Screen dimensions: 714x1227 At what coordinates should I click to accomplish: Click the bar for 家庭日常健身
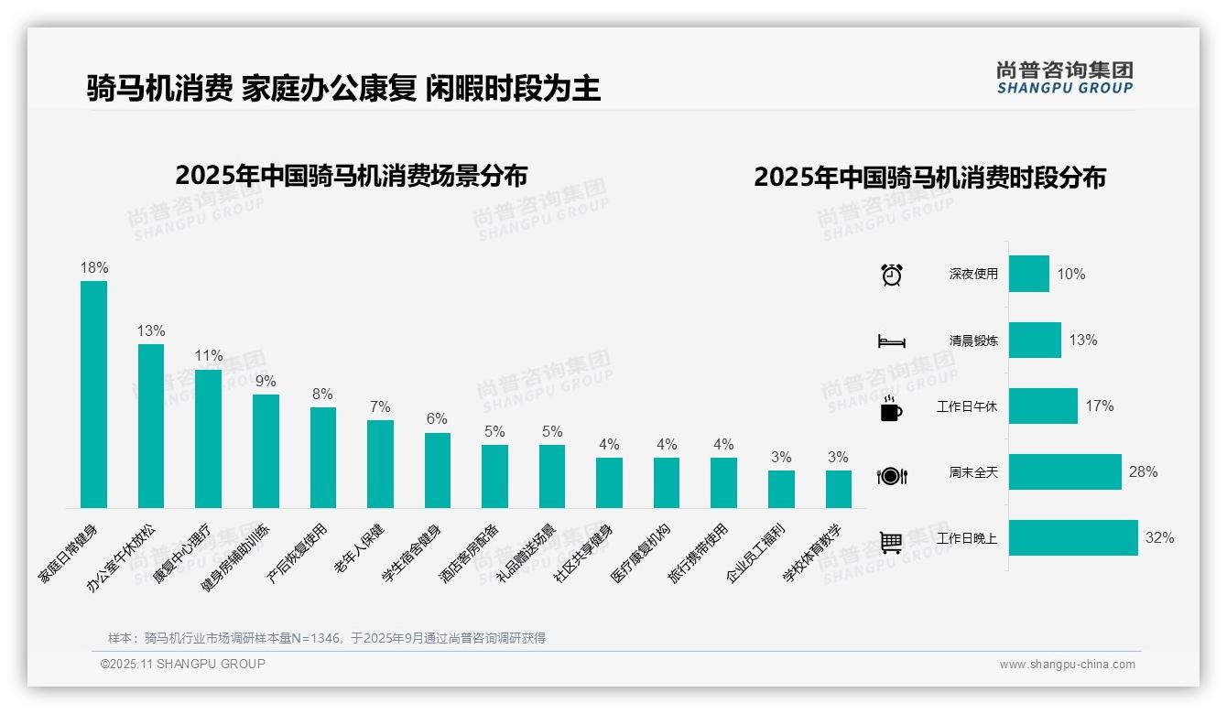[93, 395]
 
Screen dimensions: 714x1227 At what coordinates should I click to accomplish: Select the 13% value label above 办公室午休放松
[151, 331]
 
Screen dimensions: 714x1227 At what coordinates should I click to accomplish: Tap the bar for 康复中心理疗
[208, 438]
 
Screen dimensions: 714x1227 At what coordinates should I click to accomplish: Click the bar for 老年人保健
[380, 464]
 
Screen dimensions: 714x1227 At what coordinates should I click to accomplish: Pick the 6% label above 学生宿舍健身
[437, 419]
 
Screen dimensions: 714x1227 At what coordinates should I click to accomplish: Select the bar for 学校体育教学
[838, 489]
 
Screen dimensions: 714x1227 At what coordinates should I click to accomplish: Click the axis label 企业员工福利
[755, 553]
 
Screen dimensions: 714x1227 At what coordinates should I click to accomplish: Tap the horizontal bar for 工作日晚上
[1073, 538]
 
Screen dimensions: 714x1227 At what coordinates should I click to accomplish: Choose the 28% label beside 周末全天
[1143, 472]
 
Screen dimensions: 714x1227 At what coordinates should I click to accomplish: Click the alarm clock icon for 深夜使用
[892, 275]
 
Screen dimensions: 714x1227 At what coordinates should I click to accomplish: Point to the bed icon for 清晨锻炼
[892, 341]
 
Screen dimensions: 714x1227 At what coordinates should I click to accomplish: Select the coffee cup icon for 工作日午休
[891, 408]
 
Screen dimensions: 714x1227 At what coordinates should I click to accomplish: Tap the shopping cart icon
[891, 542]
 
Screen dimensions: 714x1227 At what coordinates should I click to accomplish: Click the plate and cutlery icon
[892, 475]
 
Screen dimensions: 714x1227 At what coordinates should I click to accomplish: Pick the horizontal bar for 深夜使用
[1029, 274]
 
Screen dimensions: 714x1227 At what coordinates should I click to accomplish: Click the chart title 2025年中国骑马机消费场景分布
[351, 175]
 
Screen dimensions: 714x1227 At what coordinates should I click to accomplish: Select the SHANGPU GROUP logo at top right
[1064, 78]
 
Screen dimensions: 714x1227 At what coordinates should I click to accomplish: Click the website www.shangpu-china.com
[1067, 665]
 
